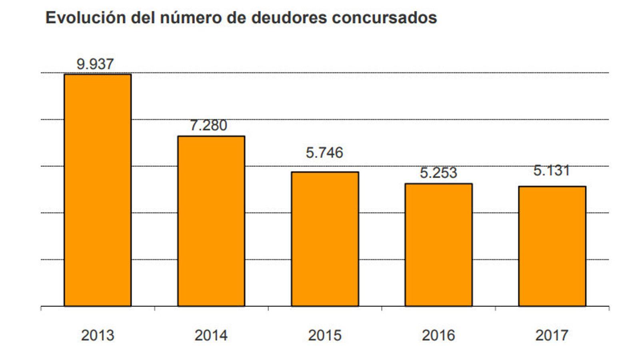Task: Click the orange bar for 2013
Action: point(98,190)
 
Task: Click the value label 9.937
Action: point(95,64)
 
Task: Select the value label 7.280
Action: point(208,125)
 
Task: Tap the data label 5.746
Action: point(324,152)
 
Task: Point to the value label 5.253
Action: point(438,173)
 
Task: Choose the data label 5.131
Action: point(552,170)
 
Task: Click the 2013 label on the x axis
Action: point(98,335)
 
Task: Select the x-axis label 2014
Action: point(211,335)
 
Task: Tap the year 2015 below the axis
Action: point(325,335)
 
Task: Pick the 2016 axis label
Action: point(438,335)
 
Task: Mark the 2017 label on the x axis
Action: point(552,335)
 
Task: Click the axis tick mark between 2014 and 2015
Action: point(268,308)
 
